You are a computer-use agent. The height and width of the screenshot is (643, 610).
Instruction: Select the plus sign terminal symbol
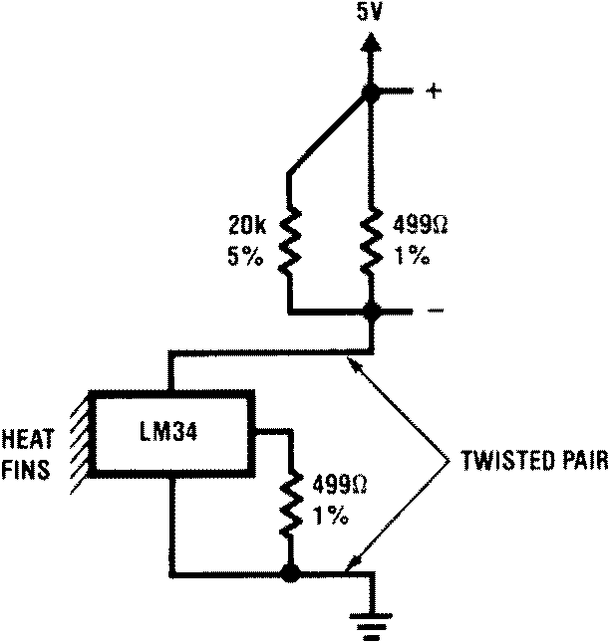point(433,92)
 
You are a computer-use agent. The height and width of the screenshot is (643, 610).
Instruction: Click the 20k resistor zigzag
point(289,242)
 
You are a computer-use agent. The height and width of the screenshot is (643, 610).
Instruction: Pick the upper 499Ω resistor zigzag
point(371,242)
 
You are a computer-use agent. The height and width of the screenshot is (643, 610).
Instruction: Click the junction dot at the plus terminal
point(371,93)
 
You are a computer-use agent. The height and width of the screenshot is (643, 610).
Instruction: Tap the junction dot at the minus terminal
point(371,312)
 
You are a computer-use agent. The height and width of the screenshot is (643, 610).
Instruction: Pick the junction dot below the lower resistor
point(290,574)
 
